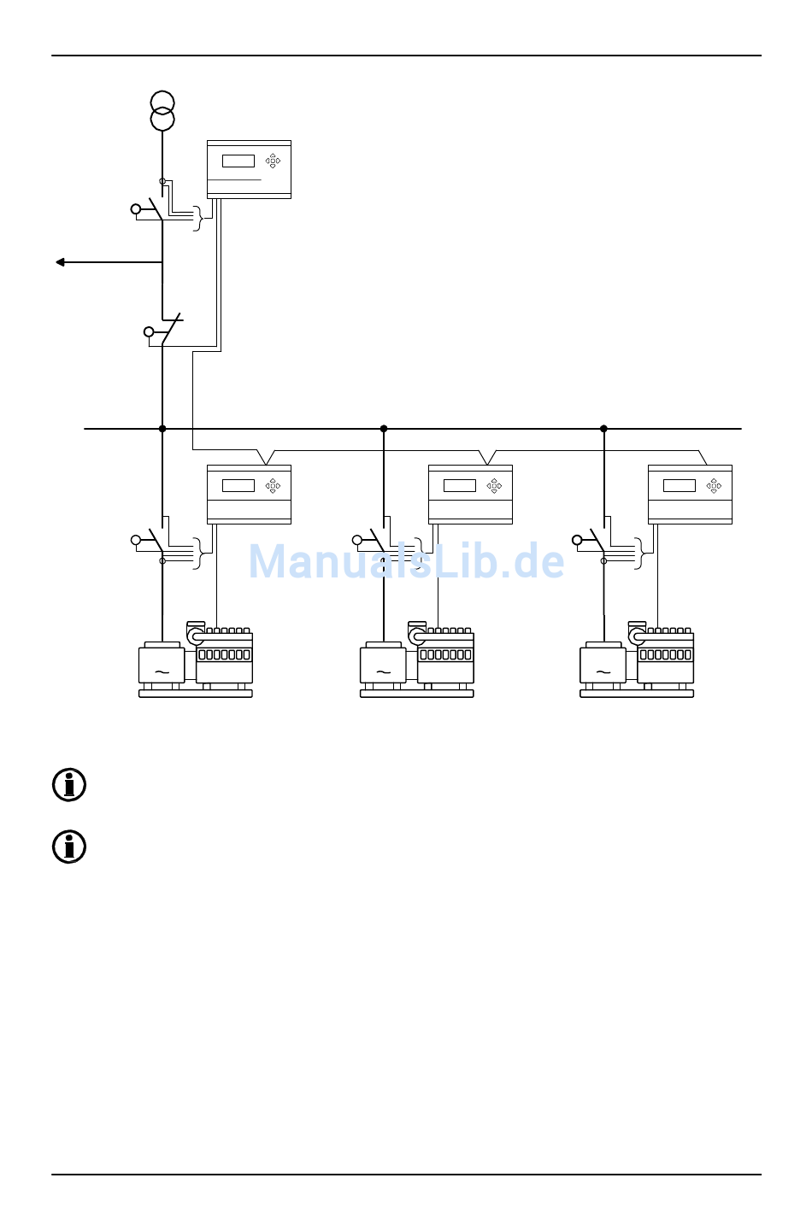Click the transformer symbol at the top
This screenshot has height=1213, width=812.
(x=162, y=111)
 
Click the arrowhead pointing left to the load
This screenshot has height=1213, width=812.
(x=60, y=262)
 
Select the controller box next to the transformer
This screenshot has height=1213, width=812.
(x=249, y=169)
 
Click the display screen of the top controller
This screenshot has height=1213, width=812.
(x=238, y=161)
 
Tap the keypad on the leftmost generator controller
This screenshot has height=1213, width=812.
(x=273, y=485)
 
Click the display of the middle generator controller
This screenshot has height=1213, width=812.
(x=459, y=485)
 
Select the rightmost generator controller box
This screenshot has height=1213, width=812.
(x=690, y=494)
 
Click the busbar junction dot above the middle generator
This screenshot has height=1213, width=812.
(x=384, y=429)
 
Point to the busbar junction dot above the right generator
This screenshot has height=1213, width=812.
(x=603, y=429)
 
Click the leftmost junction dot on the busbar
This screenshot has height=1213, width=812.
(x=162, y=429)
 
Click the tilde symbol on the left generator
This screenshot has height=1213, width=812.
(x=162, y=672)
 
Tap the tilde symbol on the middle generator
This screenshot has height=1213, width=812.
(x=383, y=672)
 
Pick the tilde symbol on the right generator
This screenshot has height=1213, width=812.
(x=603, y=672)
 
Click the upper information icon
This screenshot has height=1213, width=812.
(x=69, y=785)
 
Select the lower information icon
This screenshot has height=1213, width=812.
(x=69, y=847)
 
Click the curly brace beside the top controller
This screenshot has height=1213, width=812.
(x=200, y=218)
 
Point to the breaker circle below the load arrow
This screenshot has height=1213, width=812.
(x=149, y=331)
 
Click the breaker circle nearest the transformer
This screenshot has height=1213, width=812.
(x=136, y=209)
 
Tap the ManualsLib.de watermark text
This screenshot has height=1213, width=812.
(x=406, y=562)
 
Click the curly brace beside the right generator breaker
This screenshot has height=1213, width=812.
(x=640, y=554)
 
